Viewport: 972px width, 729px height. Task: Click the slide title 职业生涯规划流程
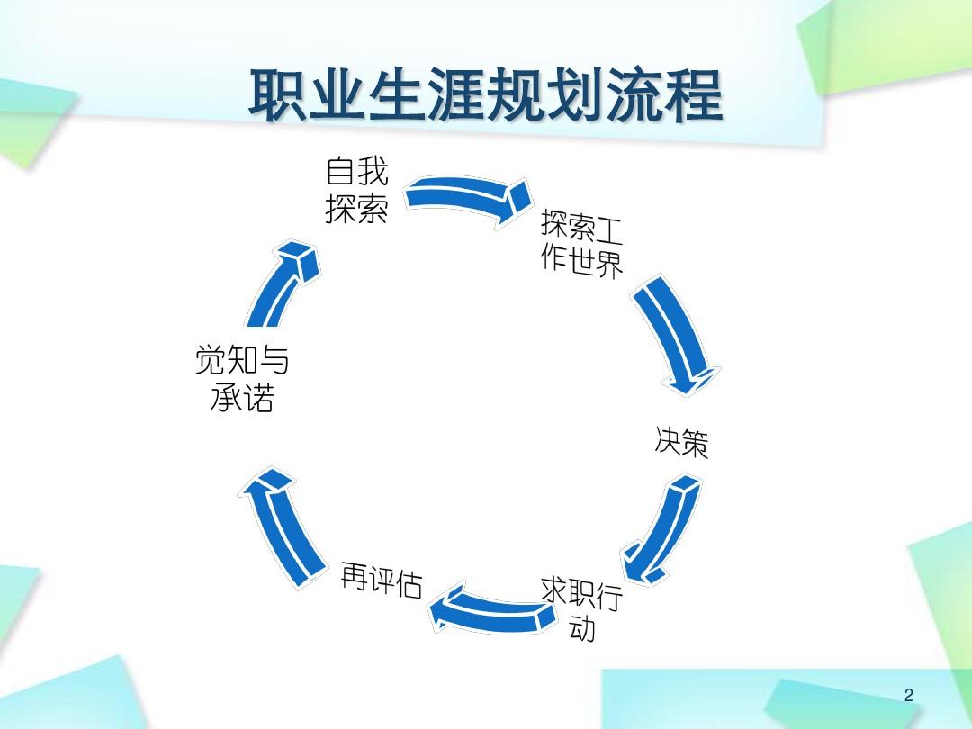[x=486, y=96]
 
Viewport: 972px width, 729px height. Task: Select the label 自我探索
[x=356, y=190]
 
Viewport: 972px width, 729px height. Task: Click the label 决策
[x=681, y=443]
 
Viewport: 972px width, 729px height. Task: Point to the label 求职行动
[x=581, y=608]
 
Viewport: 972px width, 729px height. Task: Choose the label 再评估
[x=382, y=582]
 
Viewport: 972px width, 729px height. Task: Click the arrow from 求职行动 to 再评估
[x=490, y=613]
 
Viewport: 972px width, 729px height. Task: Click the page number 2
[x=908, y=695]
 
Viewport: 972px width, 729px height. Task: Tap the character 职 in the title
[x=277, y=96]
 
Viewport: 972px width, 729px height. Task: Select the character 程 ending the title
[x=694, y=96]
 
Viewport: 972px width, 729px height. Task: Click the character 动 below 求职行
[x=581, y=628]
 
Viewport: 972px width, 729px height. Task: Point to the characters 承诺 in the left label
[x=242, y=397]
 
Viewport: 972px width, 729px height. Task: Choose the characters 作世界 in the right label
[x=582, y=262]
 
